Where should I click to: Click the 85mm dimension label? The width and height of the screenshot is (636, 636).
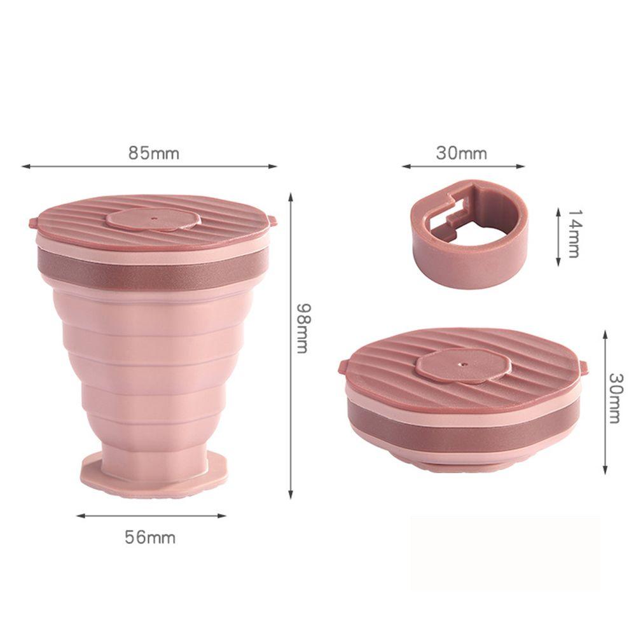[x=154, y=153]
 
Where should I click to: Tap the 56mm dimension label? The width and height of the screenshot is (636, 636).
[x=150, y=537]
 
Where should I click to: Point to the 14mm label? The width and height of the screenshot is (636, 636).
[x=573, y=233]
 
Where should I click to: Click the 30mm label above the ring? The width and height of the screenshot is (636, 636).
[x=462, y=153]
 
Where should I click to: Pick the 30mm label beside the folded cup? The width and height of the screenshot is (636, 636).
[x=614, y=397]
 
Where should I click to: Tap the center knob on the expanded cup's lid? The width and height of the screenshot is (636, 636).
[x=153, y=219]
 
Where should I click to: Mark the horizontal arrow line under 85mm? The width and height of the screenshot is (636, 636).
[x=149, y=167]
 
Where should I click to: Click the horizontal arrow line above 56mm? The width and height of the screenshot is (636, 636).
[x=151, y=516]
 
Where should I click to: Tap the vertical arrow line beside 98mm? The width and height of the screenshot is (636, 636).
[x=291, y=343]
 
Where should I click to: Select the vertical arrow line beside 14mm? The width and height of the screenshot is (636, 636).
[x=558, y=235]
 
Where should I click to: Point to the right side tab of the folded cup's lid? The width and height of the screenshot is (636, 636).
[x=583, y=367]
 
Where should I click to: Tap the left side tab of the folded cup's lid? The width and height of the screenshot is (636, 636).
[x=343, y=368]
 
